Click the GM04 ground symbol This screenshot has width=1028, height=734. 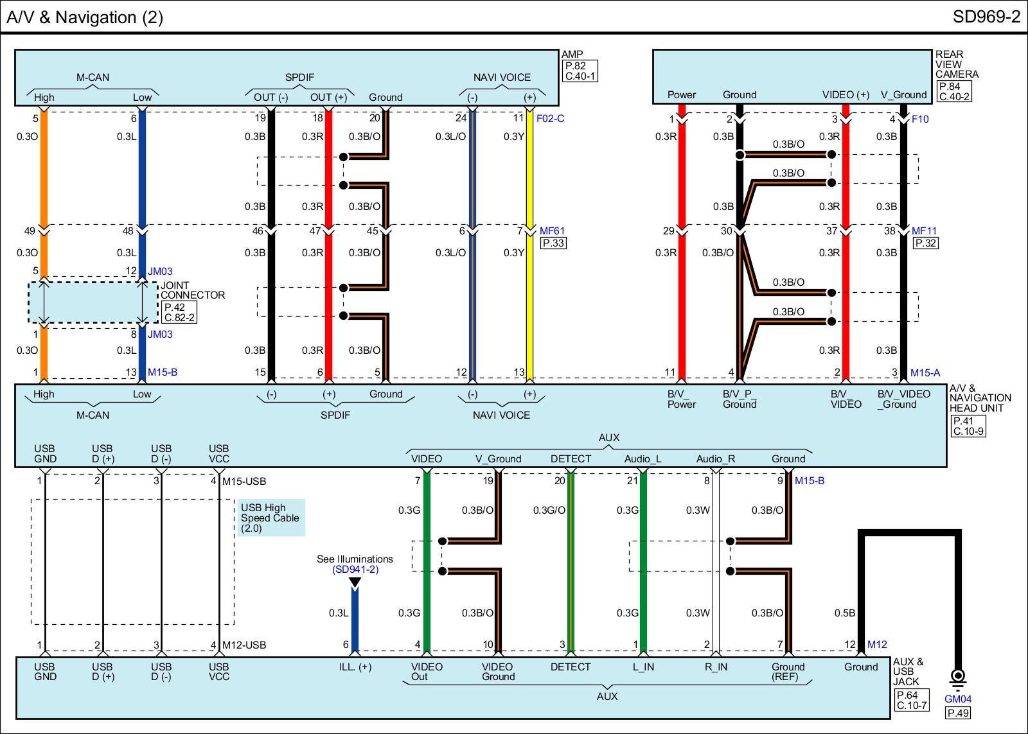(x=957, y=677)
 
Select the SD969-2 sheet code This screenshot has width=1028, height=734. (x=986, y=17)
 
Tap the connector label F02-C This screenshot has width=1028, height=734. (x=550, y=119)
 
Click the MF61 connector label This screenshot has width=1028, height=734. (x=552, y=231)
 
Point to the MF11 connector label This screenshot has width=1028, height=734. (x=924, y=231)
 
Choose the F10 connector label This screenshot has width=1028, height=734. (x=920, y=119)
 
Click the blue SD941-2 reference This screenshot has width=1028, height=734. (x=355, y=570)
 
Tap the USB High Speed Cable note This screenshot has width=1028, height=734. (x=270, y=518)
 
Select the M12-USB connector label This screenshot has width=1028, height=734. (x=244, y=645)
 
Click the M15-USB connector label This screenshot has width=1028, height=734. (x=244, y=481)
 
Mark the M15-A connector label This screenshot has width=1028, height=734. (x=925, y=372)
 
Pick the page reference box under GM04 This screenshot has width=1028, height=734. (x=957, y=712)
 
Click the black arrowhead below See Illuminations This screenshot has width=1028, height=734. (x=355, y=582)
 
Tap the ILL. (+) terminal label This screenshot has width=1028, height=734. (x=355, y=667)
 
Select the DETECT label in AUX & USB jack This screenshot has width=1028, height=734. (x=570, y=667)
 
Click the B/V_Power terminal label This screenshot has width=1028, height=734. (x=681, y=399)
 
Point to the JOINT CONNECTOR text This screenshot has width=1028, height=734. (x=192, y=290)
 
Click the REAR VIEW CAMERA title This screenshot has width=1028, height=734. (x=957, y=64)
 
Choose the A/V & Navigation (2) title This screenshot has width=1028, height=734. (x=85, y=17)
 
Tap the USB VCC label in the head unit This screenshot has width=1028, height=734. (x=219, y=453)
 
